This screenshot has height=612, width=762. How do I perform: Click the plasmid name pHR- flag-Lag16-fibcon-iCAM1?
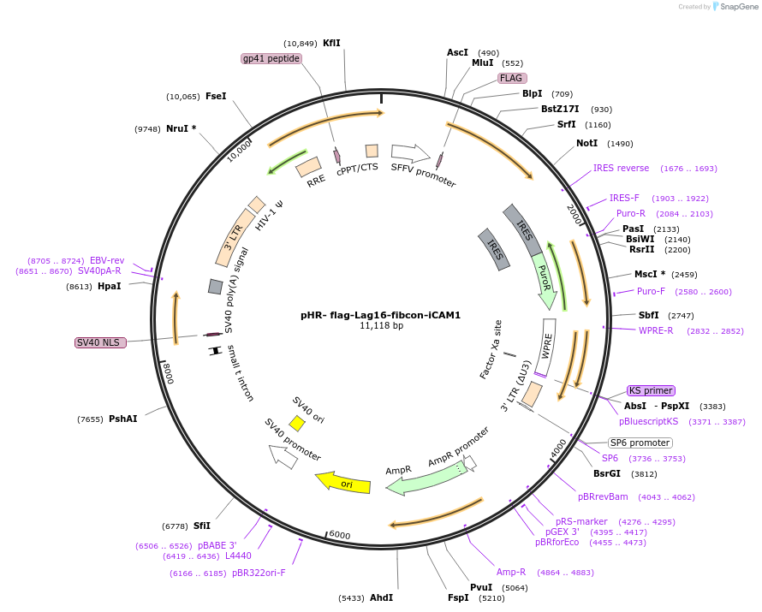380,315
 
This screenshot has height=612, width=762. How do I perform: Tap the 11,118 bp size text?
381,326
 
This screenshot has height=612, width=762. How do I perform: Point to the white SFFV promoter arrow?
410,153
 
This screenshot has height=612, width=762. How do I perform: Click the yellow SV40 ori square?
297,423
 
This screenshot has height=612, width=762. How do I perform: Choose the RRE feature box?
308,167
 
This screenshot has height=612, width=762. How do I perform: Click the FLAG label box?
512,78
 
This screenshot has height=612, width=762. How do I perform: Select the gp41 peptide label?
271,58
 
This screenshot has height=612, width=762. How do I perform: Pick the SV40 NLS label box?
100,342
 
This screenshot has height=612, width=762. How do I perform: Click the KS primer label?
651,390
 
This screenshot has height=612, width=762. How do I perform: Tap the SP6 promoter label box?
640,443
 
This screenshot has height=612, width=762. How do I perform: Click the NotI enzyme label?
586,143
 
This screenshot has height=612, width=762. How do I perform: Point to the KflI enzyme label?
331,43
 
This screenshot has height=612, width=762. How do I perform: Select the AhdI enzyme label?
381,597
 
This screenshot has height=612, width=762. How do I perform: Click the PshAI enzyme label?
123,419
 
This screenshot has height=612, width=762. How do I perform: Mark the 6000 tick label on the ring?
340,535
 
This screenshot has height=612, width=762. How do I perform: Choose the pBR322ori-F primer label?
259,573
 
